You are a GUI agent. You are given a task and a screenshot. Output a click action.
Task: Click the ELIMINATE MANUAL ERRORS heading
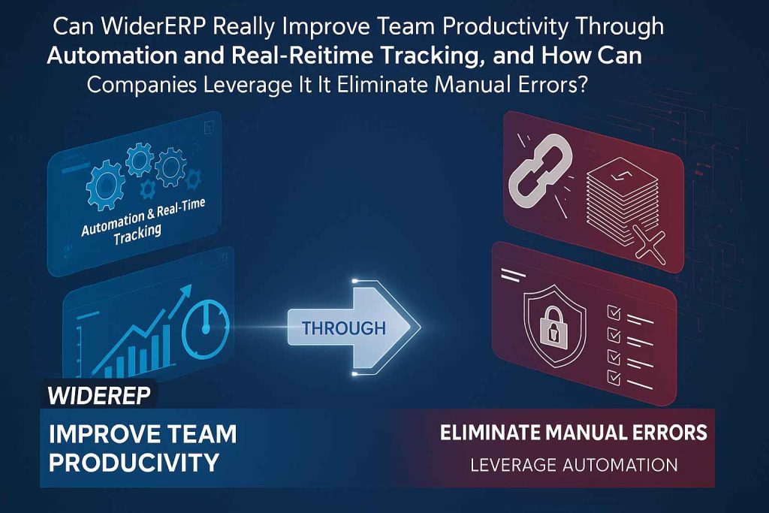pyautogui.click(x=574, y=433)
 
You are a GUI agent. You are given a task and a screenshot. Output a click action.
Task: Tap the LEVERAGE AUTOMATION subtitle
pyautogui.click(x=574, y=465)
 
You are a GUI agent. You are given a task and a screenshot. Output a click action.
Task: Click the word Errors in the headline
pyautogui.click(x=547, y=85)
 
